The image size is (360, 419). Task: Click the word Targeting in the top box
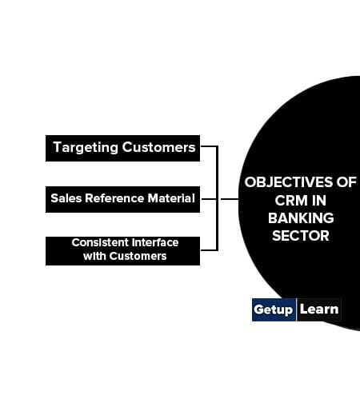click(x=86, y=148)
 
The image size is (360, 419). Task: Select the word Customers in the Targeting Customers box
click(x=158, y=147)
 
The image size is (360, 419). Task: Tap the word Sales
click(x=66, y=198)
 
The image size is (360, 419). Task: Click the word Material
click(x=171, y=198)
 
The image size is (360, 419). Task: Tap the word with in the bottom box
click(x=94, y=256)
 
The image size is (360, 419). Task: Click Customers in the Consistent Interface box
click(x=138, y=256)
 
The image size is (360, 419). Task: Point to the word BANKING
click(x=301, y=218)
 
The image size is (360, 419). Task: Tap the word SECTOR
click(x=301, y=236)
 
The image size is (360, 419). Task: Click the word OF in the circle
click(x=346, y=182)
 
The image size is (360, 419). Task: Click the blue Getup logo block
click(x=274, y=309)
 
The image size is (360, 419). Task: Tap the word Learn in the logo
click(x=319, y=309)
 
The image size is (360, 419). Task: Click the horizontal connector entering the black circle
click(x=230, y=199)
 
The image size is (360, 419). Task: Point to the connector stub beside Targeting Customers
click(x=209, y=146)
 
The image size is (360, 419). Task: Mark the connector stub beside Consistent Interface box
click(x=209, y=250)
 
